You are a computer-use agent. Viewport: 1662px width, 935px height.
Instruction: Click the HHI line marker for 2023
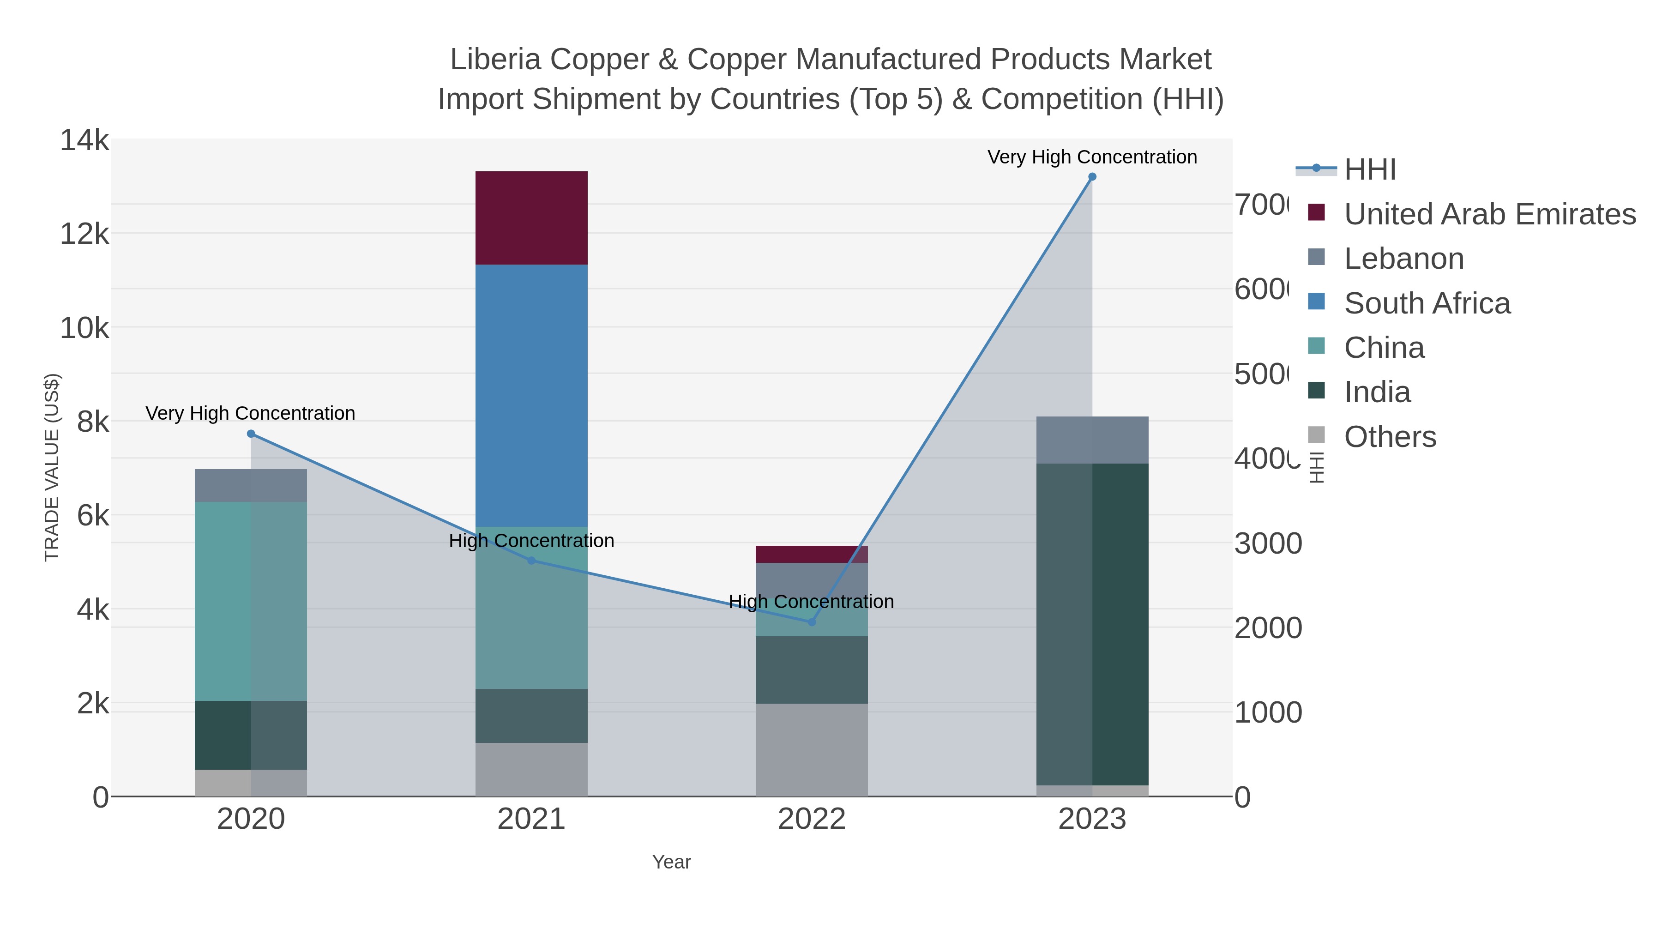(x=1092, y=177)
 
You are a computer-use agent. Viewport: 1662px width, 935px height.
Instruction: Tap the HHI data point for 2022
(x=812, y=622)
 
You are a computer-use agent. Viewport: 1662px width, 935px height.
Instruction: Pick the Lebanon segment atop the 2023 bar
(x=1092, y=440)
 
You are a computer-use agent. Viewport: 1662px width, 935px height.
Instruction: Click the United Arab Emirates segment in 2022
(x=812, y=554)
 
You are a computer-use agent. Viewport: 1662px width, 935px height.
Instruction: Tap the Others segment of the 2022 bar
(x=812, y=750)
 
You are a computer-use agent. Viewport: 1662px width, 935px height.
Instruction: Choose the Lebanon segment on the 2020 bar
(x=251, y=485)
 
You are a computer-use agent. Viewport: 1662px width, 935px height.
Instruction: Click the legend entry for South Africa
(x=1427, y=303)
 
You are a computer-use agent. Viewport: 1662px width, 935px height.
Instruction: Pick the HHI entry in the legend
(x=1369, y=170)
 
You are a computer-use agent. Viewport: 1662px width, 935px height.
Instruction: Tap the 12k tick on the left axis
(x=84, y=234)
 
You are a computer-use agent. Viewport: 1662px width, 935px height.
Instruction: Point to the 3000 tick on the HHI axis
(x=1268, y=543)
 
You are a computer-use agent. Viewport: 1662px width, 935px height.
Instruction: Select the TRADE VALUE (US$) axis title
(x=52, y=467)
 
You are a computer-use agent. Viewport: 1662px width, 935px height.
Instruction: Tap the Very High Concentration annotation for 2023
(x=1092, y=157)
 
